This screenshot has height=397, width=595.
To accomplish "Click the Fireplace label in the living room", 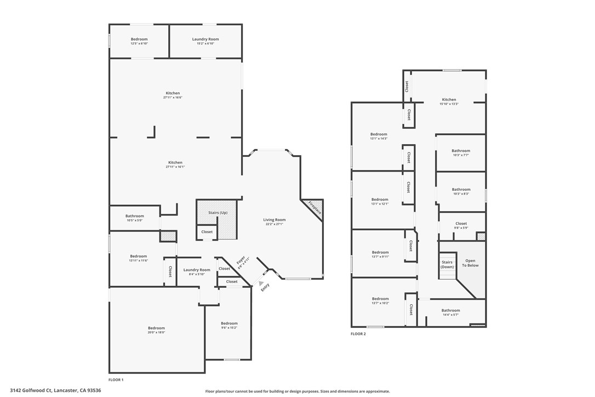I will (x=314, y=208).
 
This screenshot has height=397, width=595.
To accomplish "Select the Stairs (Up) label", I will (x=218, y=212).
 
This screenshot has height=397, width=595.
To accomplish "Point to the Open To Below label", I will (x=470, y=263).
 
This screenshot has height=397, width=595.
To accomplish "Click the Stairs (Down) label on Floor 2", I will (x=448, y=264).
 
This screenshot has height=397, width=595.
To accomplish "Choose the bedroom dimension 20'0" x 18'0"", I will (x=156, y=332).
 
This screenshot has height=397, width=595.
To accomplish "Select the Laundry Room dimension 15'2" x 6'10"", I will (x=205, y=43).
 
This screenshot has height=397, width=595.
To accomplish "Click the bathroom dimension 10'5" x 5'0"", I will (x=134, y=220).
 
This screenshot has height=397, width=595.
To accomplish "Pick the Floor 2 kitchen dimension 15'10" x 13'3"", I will (x=449, y=104).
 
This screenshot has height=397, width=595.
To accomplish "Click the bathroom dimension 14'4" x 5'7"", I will (x=451, y=315).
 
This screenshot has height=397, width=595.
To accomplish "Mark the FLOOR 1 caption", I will (x=116, y=379).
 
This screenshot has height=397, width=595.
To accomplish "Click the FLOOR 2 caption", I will (x=358, y=333).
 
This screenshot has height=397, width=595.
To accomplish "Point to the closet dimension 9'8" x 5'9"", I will (x=461, y=228).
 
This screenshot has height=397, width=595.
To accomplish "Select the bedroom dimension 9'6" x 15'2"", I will (x=229, y=328).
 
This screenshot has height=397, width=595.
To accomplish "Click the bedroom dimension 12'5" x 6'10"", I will (x=139, y=43).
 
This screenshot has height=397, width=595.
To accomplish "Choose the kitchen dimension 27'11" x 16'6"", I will (x=173, y=98).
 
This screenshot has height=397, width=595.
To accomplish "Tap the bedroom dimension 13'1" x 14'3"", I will (x=379, y=139).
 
